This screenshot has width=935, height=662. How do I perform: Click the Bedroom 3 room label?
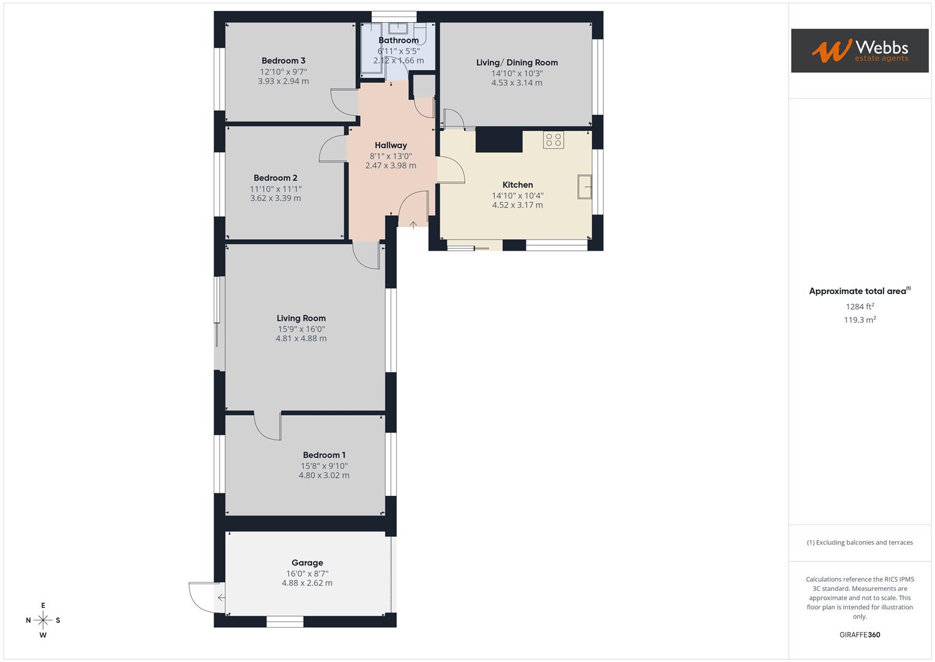pos(283,61)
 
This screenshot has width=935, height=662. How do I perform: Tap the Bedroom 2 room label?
pos(276,178)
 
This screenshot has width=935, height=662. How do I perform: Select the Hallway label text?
pos(391,145)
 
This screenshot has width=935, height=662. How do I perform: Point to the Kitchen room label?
pos(517,185)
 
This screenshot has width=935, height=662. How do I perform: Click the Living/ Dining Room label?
pos(517,63)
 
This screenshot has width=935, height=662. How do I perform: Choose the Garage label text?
pos(307,563)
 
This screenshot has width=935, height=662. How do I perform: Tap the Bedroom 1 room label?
pos(324,455)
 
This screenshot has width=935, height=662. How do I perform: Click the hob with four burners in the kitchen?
pos(554,140)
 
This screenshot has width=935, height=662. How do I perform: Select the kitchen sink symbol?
pos(585,187)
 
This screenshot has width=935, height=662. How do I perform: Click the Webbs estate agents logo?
pos(860,51)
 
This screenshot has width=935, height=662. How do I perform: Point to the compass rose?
pos(43,620)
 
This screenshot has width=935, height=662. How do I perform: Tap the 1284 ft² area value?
pos(860,306)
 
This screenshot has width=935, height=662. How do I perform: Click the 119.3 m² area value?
pos(860,320)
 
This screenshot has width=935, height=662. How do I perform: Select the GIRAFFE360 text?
pos(860,635)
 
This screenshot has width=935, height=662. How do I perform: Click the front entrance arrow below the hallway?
pos(413,226)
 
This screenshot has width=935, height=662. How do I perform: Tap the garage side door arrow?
pos(220,598)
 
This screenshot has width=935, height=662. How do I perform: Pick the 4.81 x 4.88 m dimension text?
pos(301,338)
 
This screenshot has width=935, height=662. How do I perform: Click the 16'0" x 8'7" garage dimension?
pos(307,574)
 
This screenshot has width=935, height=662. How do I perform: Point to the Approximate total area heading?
pos(858,291)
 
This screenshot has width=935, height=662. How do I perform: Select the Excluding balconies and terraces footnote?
pos(860,542)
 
